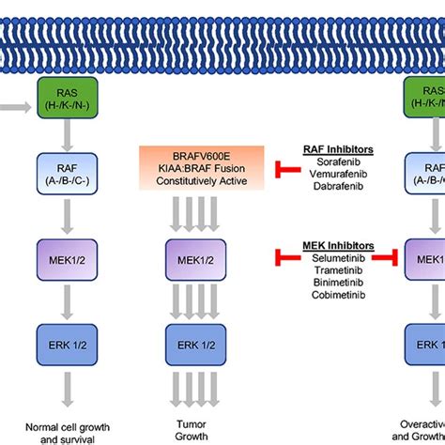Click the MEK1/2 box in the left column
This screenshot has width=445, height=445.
(63, 256)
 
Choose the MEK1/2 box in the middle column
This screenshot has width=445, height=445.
(186, 256)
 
